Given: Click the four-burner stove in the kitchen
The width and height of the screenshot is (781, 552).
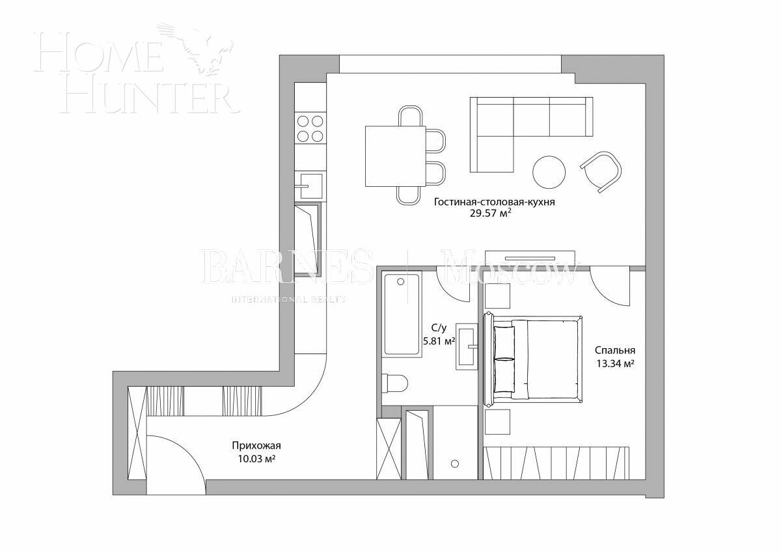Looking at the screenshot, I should pyautogui.click(x=310, y=128).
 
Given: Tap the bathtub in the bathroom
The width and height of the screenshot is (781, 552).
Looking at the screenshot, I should pyautogui.click(x=401, y=314).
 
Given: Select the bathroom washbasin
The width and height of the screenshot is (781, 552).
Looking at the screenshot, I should pyautogui.click(x=468, y=346).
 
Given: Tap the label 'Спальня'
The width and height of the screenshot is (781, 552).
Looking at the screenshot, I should pyautogui.click(x=614, y=350).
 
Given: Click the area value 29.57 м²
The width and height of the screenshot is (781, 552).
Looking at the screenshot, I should pyautogui.click(x=490, y=214).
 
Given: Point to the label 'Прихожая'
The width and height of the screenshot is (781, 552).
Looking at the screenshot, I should pyautogui.click(x=256, y=446).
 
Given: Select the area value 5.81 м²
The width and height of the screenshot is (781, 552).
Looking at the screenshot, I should pyautogui.click(x=438, y=340).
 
